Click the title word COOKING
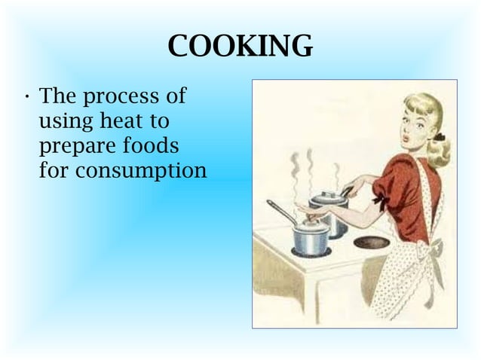point(240,47)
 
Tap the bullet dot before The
point(27,98)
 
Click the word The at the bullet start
point(57,97)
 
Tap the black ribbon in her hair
point(439,138)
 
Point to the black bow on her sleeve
point(380,202)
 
